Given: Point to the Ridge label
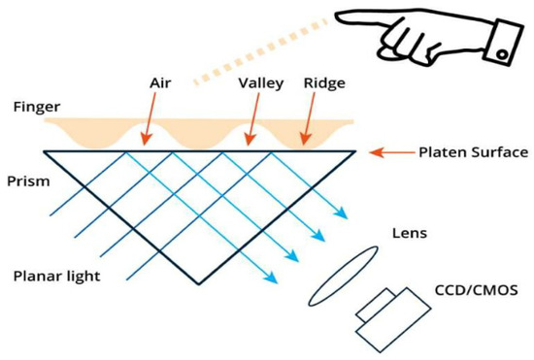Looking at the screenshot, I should pyautogui.click(x=324, y=83).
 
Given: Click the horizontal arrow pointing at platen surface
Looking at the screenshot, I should pyautogui.click(x=393, y=152).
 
